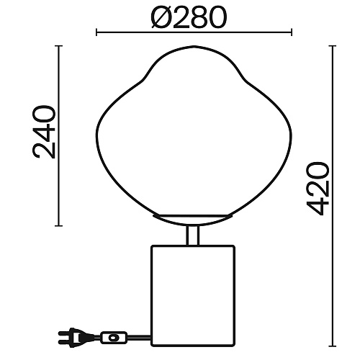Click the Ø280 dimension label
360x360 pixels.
(189, 17)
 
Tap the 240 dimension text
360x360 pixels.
(44, 132)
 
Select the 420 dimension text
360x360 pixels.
(318, 189)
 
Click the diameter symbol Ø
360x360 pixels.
(161, 17)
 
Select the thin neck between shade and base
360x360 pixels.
(193, 235)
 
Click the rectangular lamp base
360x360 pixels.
(193, 296)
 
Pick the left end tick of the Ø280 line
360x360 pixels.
(96, 32)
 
